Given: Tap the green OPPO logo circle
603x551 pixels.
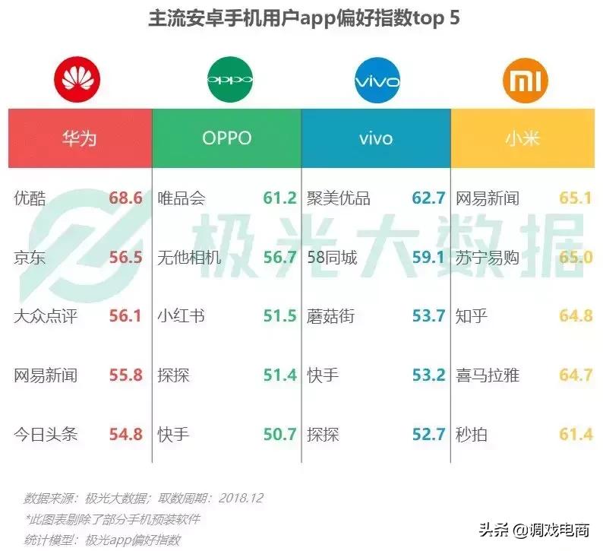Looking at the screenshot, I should click(x=228, y=78).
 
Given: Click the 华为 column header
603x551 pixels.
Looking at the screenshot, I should click(x=79, y=138).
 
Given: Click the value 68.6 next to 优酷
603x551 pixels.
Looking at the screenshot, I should click(x=125, y=198).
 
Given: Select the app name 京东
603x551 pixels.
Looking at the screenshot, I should click(x=30, y=258).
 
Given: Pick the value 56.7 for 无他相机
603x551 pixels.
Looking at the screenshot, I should click(x=279, y=258).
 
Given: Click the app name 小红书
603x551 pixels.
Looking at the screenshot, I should click(x=181, y=316).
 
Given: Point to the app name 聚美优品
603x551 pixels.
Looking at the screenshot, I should click(x=339, y=198).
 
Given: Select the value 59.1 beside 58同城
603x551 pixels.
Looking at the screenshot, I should click(x=428, y=258).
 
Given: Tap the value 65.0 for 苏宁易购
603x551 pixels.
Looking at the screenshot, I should click(x=576, y=258).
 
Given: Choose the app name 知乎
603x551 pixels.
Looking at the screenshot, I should click(x=472, y=316).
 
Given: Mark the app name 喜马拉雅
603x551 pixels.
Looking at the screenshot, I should click(x=488, y=375).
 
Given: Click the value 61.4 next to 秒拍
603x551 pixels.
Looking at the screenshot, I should click(x=576, y=435).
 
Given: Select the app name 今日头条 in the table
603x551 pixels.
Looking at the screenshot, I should click(x=46, y=435).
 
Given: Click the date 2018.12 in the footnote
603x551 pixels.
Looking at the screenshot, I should click(x=241, y=499).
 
